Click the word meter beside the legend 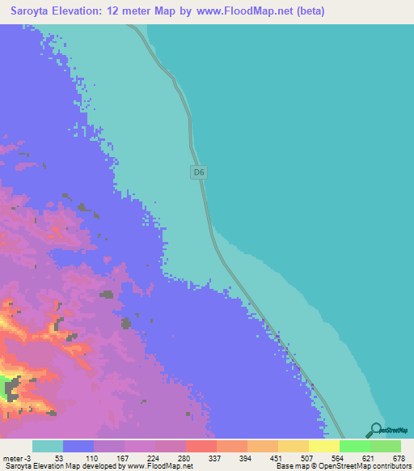tap(11, 457)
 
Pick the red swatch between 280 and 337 tap(201, 446)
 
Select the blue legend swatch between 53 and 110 tap(78, 446)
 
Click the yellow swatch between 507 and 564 tap(323, 446)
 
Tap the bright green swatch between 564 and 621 tap(354, 446)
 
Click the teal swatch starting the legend tap(48, 446)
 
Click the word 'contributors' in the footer tap(391, 466)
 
